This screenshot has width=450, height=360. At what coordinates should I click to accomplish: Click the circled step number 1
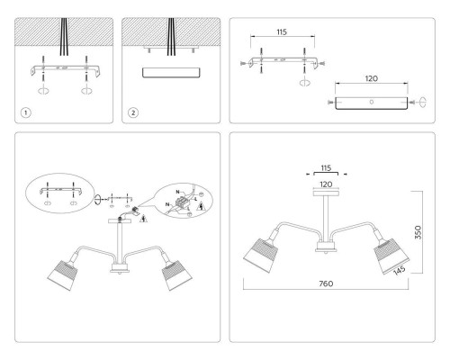28,112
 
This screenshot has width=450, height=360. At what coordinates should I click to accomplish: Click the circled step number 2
133,112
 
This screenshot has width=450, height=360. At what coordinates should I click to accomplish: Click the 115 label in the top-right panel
281,32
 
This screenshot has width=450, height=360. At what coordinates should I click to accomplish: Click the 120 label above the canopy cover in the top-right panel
371,78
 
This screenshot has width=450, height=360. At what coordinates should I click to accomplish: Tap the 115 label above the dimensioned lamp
327,167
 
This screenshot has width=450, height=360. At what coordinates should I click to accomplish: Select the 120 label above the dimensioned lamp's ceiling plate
327,182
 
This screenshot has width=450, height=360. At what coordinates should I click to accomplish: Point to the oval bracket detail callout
58,194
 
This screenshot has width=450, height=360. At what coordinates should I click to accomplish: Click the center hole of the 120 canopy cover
372,102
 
